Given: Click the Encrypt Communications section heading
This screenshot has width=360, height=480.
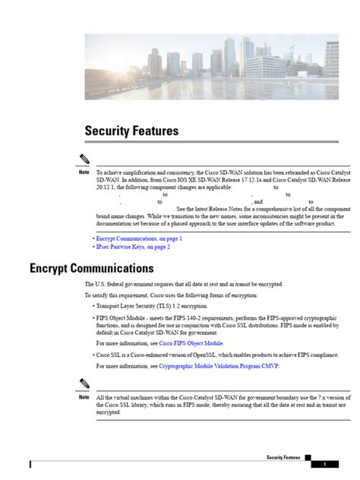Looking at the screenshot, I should point(91,268).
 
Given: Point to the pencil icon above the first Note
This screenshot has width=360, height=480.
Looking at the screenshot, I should point(85,159).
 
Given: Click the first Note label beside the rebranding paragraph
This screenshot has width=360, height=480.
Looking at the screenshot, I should point(84,172).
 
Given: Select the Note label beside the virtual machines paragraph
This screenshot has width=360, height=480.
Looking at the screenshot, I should point(84,397).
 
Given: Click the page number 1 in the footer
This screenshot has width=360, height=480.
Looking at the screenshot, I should point(324,464).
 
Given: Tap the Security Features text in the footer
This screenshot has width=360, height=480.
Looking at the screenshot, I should point(283,458).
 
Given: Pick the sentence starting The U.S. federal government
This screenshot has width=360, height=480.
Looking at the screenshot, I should point(183,284).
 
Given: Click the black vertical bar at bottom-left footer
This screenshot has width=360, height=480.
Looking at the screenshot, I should point(30,464).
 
